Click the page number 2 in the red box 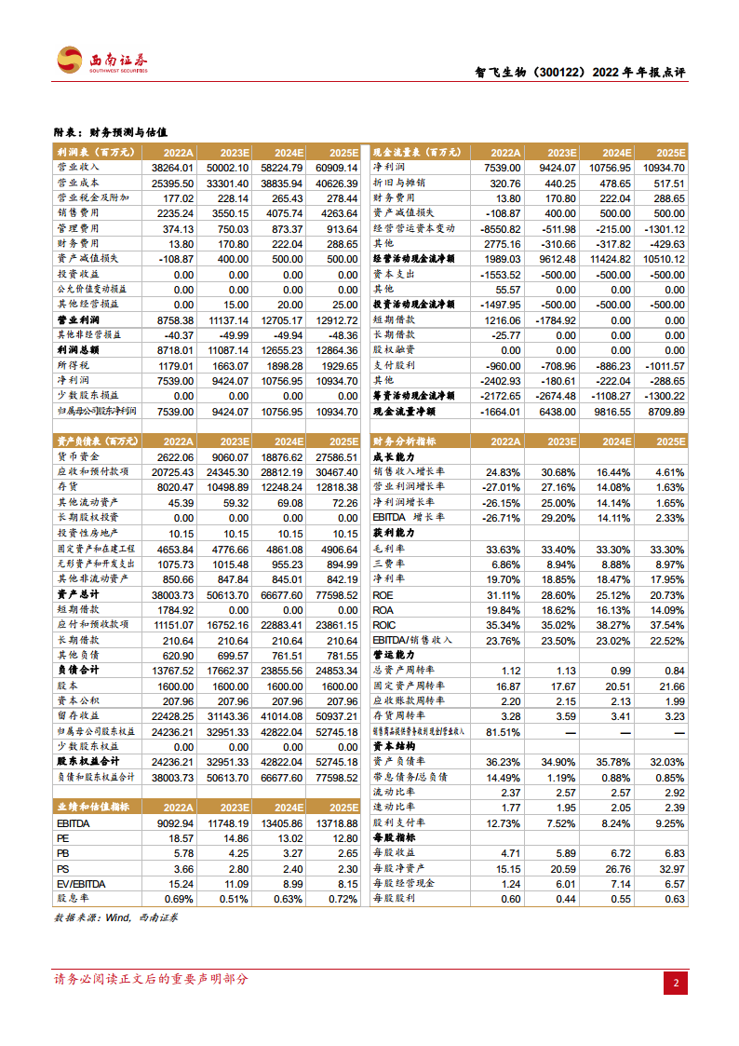[677, 983]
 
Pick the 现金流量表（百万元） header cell [413, 152]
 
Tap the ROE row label [383, 595]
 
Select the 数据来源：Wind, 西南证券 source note [117, 918]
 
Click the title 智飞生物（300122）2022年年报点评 [574, 74]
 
